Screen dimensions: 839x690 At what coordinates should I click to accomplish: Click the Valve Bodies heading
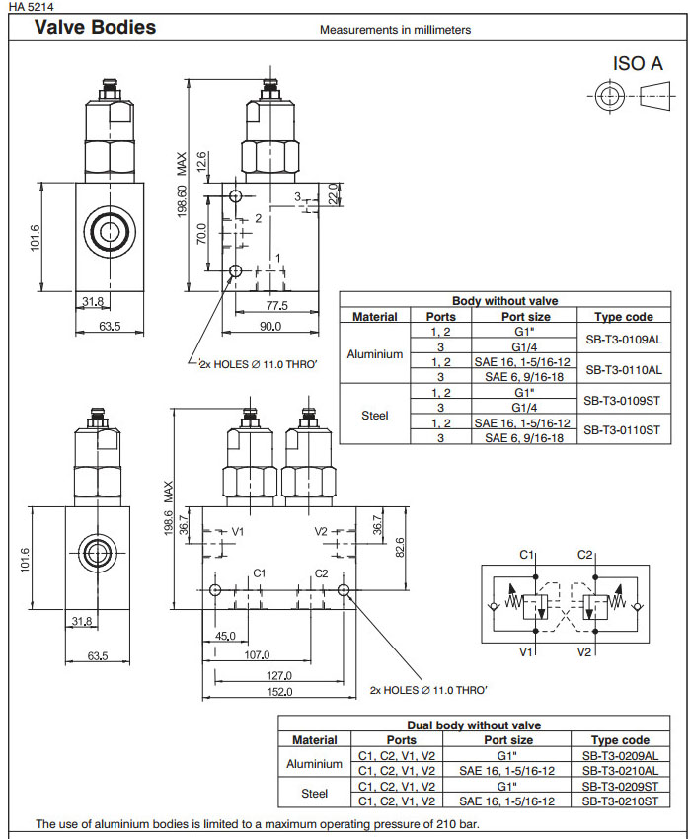pyautogui.click(x=95, y=27)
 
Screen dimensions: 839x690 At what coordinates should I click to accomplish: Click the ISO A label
pyautogui.click(x=638, y=63)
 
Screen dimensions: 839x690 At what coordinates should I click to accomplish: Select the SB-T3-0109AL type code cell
pyautogui.click(x=623, y=339)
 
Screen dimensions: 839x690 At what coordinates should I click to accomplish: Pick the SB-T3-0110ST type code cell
pyautogui.click(x=623, y=429)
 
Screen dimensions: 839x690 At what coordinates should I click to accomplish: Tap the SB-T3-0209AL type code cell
pyautogui.click(x=620, y=755)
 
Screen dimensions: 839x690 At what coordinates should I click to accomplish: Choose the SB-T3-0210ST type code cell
pyautogui.click(x=620, y=801)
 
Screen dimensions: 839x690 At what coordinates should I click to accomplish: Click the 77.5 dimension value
pyautogui.click(x=276, y=306)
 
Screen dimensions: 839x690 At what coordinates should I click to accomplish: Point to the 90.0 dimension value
pyautogui.click(x=269, y=326)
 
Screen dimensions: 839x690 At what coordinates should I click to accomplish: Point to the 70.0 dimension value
pyautogui.click(x=200, y=233)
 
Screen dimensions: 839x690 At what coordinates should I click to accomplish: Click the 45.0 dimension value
pyautogui.click(x=225, y=637)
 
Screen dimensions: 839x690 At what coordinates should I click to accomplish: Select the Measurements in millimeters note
pyautogui.click(x=395, y=30)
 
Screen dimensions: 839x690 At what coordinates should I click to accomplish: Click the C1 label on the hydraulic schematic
pyautogui.click(x=527, y=555)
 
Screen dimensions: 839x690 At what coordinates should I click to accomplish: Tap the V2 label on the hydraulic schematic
pyautogui.click(x=584, y=652)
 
